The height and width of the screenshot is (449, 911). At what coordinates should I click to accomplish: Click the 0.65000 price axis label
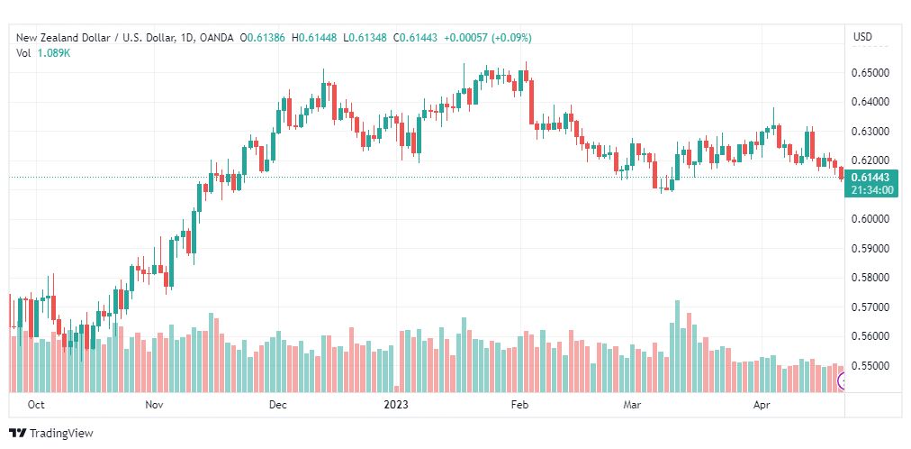pyautogui.click(x=870, y=73)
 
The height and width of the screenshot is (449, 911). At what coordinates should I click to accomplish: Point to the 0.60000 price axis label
pyautogui.click(x=870, y=219)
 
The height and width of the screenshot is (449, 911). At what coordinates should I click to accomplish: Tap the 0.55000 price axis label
pyautogui.click(x=870, y=366)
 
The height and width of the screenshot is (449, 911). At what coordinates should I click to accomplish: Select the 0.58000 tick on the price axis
pyautogui.click(x=870, y=278)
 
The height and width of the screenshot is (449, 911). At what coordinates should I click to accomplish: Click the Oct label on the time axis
pyautogui.click(x=36, y=405)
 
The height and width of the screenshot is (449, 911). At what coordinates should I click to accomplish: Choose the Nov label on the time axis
pyautogui.click(x=154, y=405)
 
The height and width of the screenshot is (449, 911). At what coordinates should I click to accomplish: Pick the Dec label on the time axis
pyautogui.click(x=278, y=405)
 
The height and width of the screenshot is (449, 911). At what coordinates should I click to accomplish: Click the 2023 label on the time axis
pyautogui.click(x=396, y=405)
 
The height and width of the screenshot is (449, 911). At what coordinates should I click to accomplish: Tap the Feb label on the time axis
pyautogui.click(x=520, y=405)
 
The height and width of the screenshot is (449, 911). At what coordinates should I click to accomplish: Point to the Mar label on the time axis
pyautogui.click(x=632, y=405)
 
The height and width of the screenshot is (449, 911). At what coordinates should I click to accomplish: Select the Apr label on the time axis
pyautogui.click(x=762, y=405)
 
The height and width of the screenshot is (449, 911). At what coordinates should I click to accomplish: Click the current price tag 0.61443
pyautogui.click(x=870, y=178)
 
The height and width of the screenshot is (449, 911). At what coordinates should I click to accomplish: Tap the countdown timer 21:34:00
pyautogui.click(x=870, y=189)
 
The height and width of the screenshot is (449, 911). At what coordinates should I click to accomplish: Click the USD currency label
pyautogui.click(x=862, y=37)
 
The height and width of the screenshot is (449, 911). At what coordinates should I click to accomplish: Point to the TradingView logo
pyautogui.click(x=51, y=434)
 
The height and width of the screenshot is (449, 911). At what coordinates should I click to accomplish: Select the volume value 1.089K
pyautogui.click(x=54, y=52)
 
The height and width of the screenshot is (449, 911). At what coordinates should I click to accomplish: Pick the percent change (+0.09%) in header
pyautogui.click(x=511, y=38)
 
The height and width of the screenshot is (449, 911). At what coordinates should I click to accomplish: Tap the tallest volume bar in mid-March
pyautogui.click(x=678, y=346)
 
